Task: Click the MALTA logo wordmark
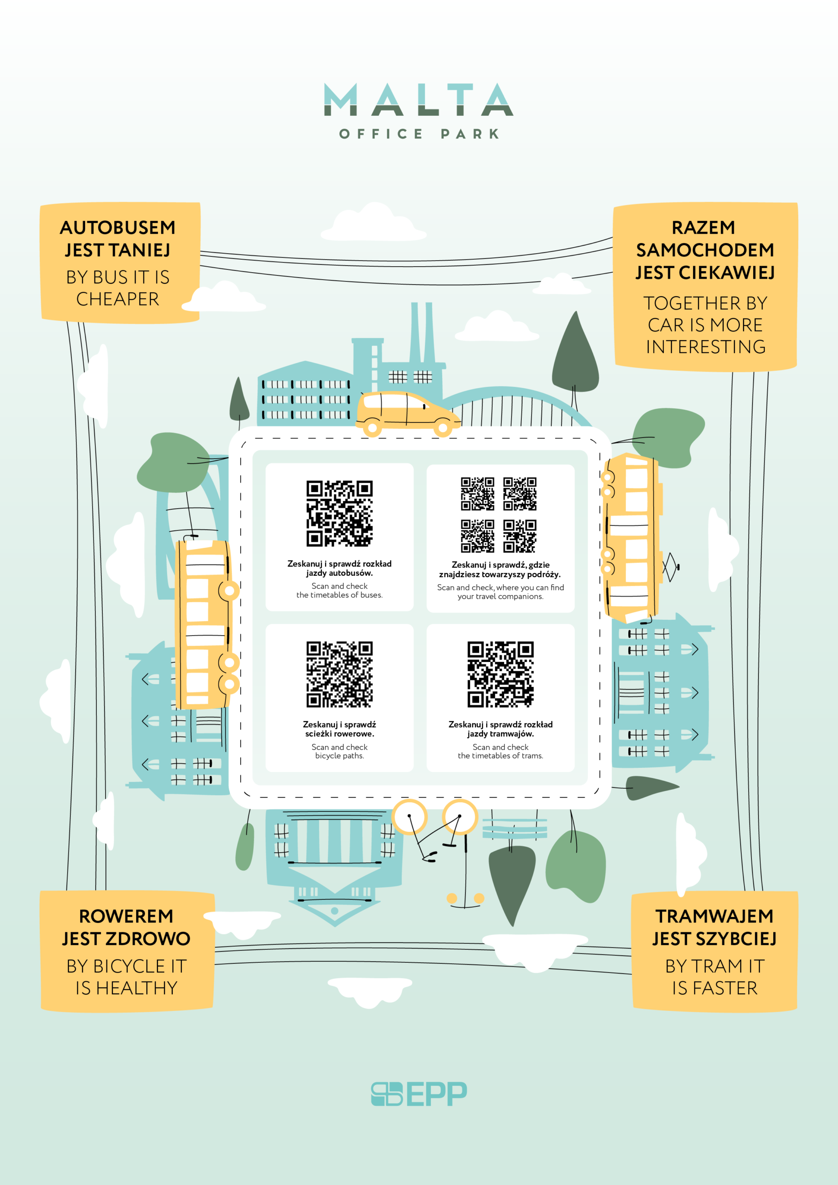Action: pos(418,99)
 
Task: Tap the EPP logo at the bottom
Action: pos(419,1094)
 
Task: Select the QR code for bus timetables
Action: pos(339,513)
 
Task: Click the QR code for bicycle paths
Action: pos(339,674)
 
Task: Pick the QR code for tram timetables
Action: pos(500,674)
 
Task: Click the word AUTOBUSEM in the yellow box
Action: pos(118,228)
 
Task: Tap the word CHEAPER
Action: pos(118,299)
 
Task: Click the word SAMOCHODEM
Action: pos(705,250)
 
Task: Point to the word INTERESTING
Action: pos(706,347)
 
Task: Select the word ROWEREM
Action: pos(126,916)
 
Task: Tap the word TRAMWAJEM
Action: pos(714,916)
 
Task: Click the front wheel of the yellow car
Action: pos(443,428)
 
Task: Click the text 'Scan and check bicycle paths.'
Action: pos(339,751)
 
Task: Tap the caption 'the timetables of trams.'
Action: pos(500,755)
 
